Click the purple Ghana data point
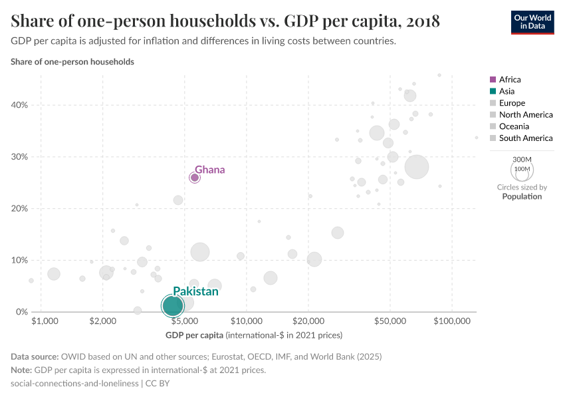(x=195, y=178)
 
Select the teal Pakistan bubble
(x=172, y=306)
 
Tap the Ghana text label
(x=209, y=170)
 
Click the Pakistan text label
(x=195, y=291)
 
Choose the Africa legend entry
(x=510, y=80)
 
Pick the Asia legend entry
(x=507, y=91)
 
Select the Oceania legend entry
(x=514, y=126)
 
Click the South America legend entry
(x=526, y=138)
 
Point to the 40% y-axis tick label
(x=19, y=105)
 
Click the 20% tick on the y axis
(x=19, y=208)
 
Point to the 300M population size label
(x=522, y=160)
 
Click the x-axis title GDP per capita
(x=195, y=334)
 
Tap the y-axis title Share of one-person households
(x=72, y=62)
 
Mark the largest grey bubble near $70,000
(x=417, y=167)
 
